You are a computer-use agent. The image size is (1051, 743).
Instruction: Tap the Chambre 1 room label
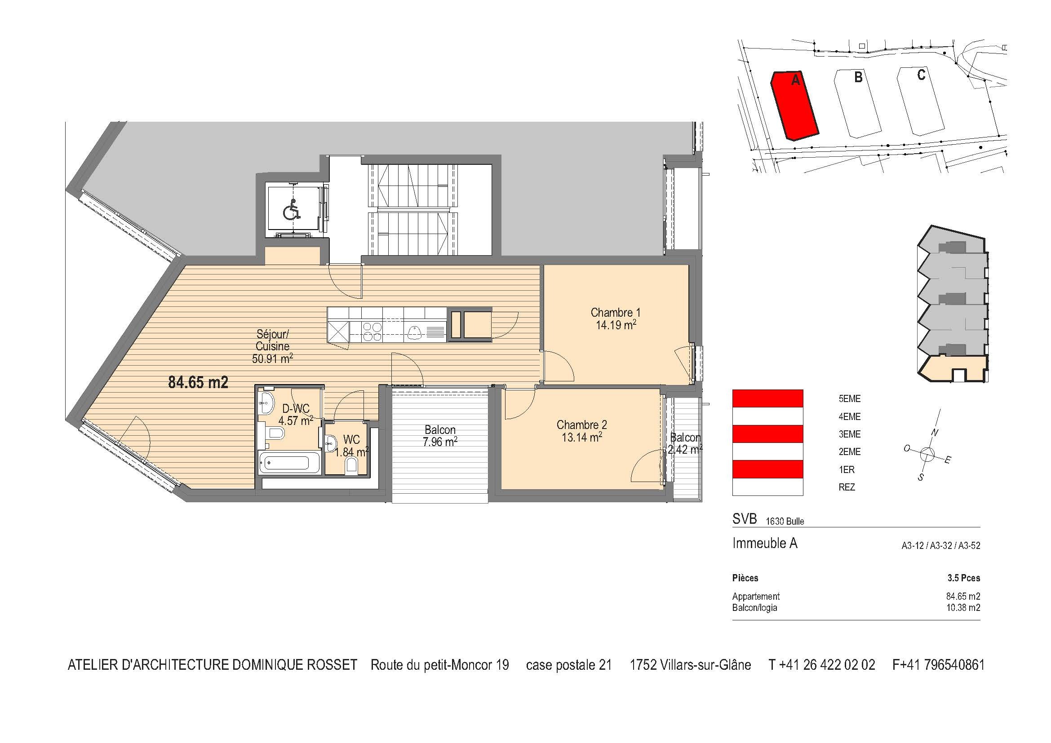pyautogui.click(x=615, y=318)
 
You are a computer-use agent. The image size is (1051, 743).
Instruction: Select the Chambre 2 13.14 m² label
pyautogui.click(x=581, y=431)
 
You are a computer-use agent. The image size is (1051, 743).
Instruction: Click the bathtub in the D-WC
pyautogui.click(x=290, y=463)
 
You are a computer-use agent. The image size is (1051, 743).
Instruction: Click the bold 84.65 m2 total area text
pyautogui.click(x=198, y=382)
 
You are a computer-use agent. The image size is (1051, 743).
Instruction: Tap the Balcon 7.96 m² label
pyautogui.click(x=440, y=436)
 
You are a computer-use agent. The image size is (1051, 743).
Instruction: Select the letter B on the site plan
pyautogui.click(x=858, y=77)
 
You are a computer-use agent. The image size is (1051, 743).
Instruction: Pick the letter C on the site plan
pyautogui.click(x=921, y=75)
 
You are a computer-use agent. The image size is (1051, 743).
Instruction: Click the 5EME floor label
pyautogui.click(x=849, y=399)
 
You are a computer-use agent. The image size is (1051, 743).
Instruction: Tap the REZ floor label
pyautogui.click(x=847, y=487)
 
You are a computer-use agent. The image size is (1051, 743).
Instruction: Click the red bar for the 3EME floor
pyautogui.click(x=767, y=434)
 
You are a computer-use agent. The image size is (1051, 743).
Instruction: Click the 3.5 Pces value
pyautogui.click(x=963, y=578)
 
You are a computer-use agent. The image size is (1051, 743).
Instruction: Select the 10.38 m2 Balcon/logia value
pyautogui.click(x=963, y=608)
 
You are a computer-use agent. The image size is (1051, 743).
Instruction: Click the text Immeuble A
pyautogui.click(x=764, y=543)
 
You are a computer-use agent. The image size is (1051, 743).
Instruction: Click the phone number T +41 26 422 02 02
pyautogui.click(x=821, y=665)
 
